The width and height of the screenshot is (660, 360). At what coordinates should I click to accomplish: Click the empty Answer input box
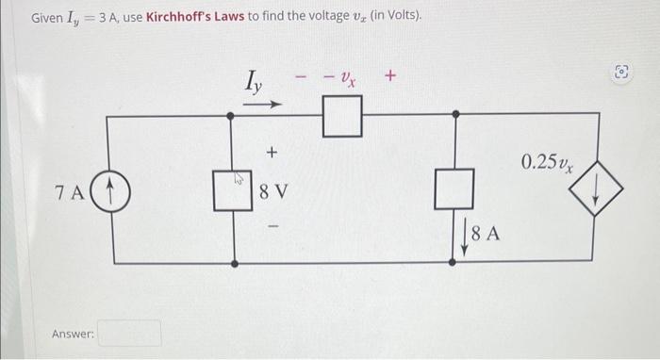pos(130,334)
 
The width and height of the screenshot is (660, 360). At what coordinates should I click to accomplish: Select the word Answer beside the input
pos(72,334)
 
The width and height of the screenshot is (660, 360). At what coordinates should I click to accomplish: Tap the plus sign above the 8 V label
pos(272,151)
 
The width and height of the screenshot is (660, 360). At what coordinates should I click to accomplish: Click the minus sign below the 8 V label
pos(272,226)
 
